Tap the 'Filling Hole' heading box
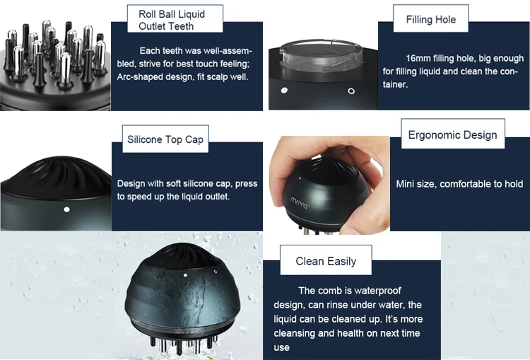coord(430,18)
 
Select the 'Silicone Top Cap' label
coord(165,139)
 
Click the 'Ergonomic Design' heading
coord(452,134)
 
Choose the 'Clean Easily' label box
coord(326,260)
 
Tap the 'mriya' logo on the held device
coord(299,202)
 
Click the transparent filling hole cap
coord(321,55)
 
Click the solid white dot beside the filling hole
coord(284,90)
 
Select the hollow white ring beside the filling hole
coord(351,91)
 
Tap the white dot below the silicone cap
coord(66,209)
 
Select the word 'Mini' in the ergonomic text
coord(405,184)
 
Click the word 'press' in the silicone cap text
coord(247,183)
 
